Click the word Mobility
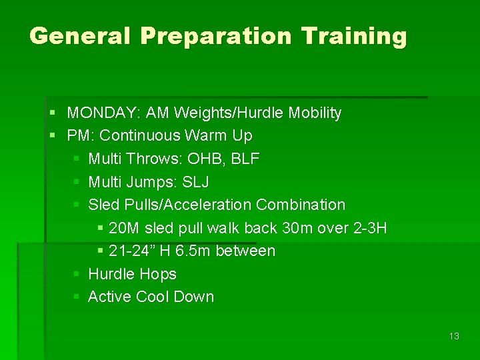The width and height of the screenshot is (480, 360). [315, 113]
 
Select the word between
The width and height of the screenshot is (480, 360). [247, 251]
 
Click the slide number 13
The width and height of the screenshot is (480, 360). [454, 336]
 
